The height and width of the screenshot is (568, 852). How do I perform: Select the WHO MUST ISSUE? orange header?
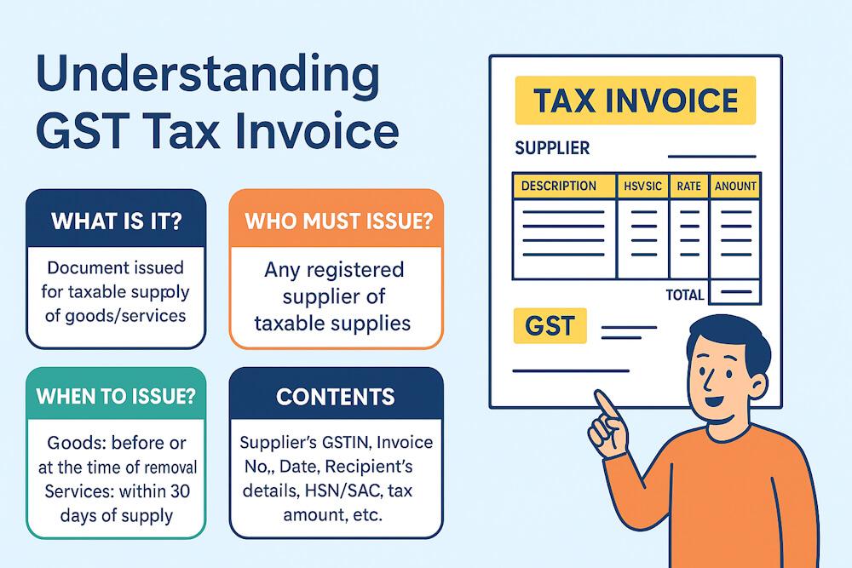[x=337, y=221]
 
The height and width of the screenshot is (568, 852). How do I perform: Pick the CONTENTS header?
[x=337, y=397]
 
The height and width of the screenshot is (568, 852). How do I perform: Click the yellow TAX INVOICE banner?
[x=635, y=100]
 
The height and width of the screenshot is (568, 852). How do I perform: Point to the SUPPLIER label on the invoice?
[x=552, y=148]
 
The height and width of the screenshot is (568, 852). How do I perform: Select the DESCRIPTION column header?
[x=559, y=186]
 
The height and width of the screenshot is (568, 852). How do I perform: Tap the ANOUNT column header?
[x=735, y=186]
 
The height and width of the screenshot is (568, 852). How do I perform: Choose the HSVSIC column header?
[x=642, y=186]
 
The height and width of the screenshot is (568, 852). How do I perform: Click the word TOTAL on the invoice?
[x=684, y=295]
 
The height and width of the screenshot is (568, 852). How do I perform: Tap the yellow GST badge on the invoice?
[x=550, y=326]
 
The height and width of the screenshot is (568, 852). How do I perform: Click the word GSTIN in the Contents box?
[x=345, y=443]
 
